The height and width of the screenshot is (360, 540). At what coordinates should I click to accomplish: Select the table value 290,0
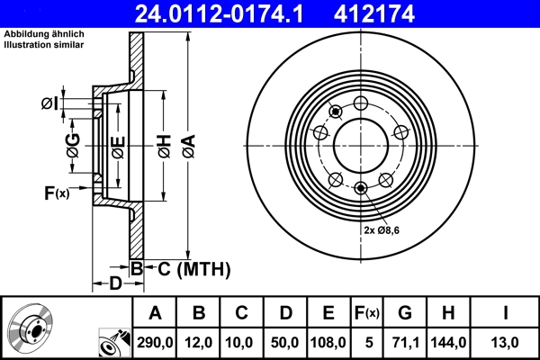(155, 342)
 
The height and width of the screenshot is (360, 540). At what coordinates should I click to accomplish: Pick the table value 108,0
(328, 342)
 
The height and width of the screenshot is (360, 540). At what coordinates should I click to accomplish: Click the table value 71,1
(405, 342)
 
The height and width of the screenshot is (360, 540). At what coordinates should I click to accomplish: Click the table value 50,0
(285, 342)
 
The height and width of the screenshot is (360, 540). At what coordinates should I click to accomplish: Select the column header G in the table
(405, 312)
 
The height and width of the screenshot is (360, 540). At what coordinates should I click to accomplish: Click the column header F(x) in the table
(367, 312)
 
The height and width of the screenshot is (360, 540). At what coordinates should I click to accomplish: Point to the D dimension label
(115, 285)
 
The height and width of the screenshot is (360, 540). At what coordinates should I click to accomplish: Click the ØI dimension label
(50, 103)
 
